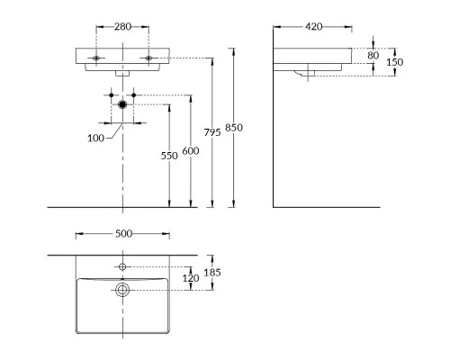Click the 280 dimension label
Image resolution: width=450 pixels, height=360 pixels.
click(122, 27)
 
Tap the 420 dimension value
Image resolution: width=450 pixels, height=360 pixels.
click(314, 27)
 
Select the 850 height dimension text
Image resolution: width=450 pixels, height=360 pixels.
click(234, 128)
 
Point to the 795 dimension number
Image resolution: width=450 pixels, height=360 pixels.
click(212, 132)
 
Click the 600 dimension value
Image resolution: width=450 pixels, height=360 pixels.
click(191, 151)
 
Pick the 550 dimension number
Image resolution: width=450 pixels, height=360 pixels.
click(169, 156)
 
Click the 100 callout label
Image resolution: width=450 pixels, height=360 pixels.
click(96, 139)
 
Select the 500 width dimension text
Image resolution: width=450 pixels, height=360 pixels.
click(123, 234)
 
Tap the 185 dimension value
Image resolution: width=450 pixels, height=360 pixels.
click(212, 273)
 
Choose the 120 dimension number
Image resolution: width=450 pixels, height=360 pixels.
click(191, 278)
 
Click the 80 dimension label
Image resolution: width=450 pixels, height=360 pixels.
click(373, 56)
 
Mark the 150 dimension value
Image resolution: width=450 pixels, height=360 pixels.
click(394, 62)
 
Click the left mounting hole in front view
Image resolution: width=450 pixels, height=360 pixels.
click(96, 58)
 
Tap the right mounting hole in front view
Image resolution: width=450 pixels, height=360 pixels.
click(148, 58)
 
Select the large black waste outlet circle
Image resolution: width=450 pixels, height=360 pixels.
click(122, 104)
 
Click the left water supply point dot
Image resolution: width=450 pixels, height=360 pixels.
click(112, 95)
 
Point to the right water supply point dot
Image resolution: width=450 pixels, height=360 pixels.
click(134, 95)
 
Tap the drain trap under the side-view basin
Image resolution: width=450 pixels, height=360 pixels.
click(303, 73)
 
